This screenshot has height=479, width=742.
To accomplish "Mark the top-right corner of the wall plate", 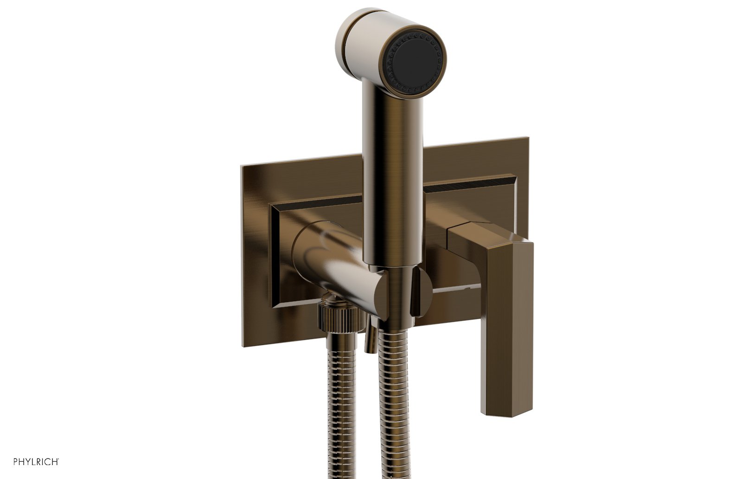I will coord(527,138).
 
